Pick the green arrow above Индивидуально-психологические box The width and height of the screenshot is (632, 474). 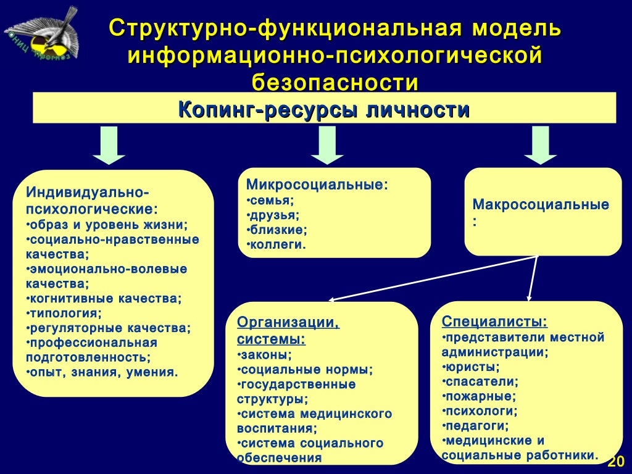point(109,145)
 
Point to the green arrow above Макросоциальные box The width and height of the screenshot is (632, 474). point(541,144)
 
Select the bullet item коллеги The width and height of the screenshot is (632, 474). point(277,245)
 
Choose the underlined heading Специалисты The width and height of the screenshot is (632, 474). point(494,322)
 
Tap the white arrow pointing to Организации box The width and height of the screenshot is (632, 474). point(432,278)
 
